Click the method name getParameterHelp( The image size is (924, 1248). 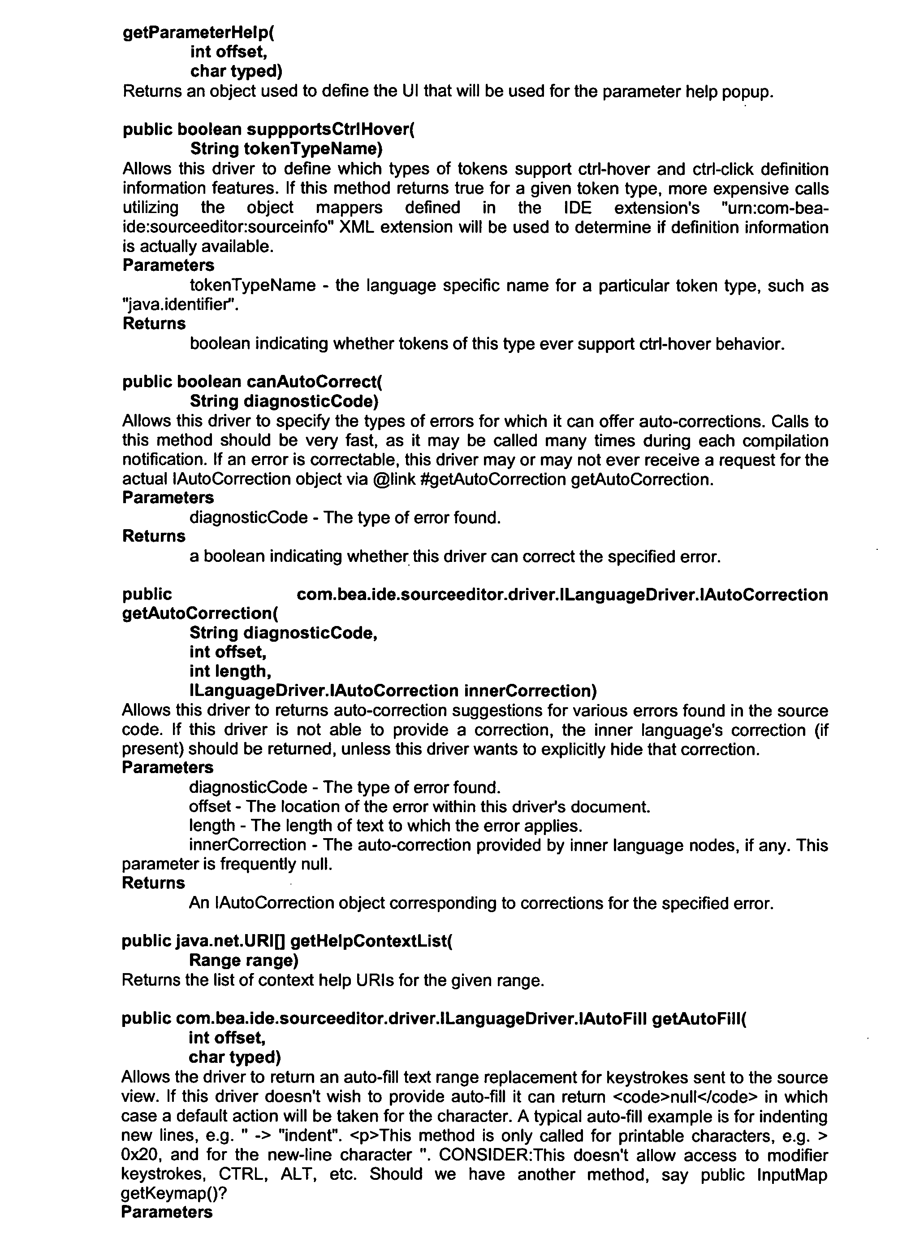199,32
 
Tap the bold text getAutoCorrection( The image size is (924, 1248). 200,613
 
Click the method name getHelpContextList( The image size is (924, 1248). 371,941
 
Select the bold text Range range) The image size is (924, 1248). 243,961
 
